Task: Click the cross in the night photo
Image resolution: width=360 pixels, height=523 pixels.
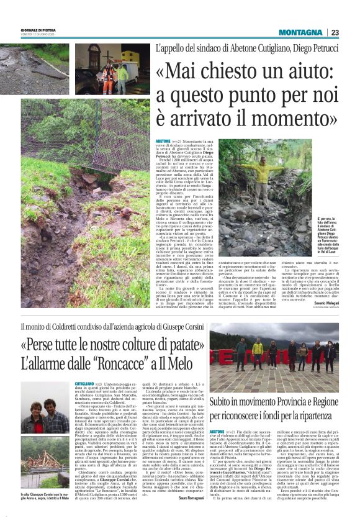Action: (x=89, y=52)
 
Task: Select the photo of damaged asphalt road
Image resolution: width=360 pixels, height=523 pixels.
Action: (x=35, y=68)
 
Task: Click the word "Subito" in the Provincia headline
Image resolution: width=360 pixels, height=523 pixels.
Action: (x=226, y=399)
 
